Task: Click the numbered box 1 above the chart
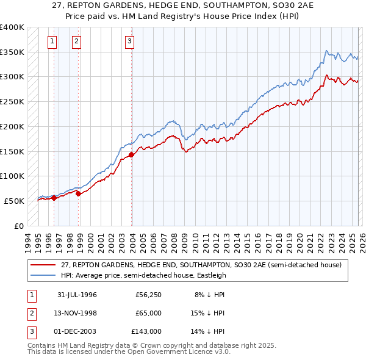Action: coord(52,41)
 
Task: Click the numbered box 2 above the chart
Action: coord(77,41)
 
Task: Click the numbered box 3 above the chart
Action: coord(130,41)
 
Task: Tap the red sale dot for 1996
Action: coord(54,197)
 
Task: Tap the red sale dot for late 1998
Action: coord(79,193)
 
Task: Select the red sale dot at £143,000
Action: coord(132,154)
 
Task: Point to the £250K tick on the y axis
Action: coord(12,102)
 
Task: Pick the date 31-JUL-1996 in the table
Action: coord(77,295)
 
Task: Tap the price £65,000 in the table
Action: coord(148,313)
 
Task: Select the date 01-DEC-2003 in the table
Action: coord(77,331)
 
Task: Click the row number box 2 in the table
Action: coord(30,313)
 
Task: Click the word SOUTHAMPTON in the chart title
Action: coord(209,7)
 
